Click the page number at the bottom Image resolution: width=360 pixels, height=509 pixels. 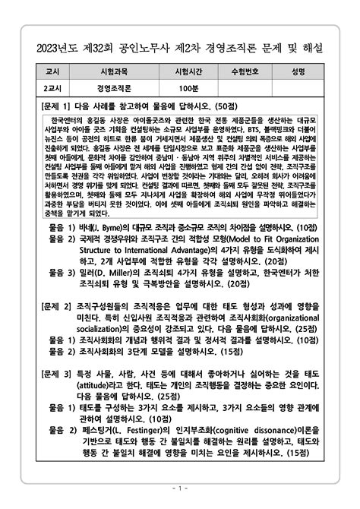tap(180, 487)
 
